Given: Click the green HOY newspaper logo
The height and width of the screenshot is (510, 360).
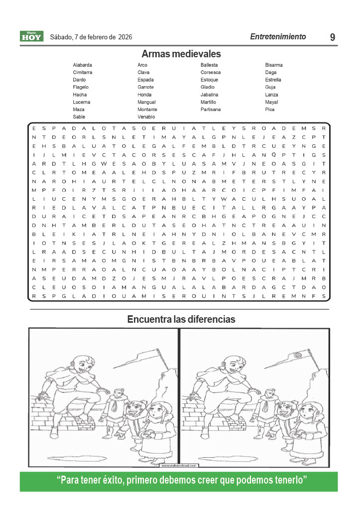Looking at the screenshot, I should (x=32, y=36).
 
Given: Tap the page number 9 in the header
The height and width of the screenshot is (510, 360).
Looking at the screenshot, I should (x=332, y=37).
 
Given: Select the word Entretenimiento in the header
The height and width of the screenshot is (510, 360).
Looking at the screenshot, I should (x=278, y=37).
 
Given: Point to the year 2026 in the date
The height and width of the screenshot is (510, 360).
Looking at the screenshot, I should (x=125, y=37).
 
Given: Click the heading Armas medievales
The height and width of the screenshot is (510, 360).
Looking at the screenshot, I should (x=181, y=54).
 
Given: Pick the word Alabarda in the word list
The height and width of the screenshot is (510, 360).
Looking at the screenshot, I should (x=82, y=65).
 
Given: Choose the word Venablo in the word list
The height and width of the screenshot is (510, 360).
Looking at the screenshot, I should (x=146, y=117).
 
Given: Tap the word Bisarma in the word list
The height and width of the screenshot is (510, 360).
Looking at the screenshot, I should (x=274, y=65).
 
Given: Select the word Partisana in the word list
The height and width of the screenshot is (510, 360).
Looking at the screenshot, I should (x=211, y=110).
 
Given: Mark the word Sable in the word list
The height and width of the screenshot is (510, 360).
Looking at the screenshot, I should (x=79, y=117).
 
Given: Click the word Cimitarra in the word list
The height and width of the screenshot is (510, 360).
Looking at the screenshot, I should (x=82, y=73).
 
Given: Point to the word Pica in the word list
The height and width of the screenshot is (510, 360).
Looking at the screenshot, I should (x=270, y=110).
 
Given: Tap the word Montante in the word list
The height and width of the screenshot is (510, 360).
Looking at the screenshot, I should (x=147, y=110).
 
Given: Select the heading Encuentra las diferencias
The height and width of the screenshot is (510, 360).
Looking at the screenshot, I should (x=181, y=319).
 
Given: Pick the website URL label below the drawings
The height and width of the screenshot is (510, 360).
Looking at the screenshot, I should (x=180, y=466).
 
